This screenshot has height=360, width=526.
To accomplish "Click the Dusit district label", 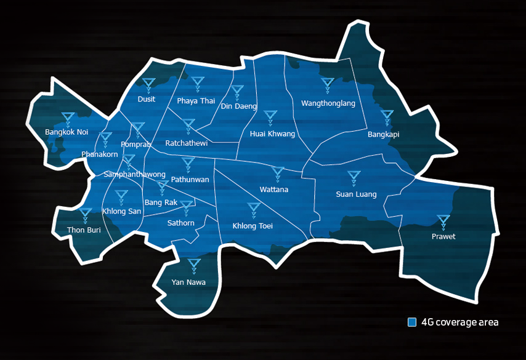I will coord(147,99).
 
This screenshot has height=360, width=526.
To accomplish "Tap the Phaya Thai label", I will coord(196,101).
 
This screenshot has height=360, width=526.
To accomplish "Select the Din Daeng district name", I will coord(239,106).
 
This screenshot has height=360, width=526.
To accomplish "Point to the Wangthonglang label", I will coord(328,103).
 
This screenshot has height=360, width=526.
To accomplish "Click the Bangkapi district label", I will coord(384,134).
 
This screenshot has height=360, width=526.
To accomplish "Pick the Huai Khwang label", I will coord(272,134).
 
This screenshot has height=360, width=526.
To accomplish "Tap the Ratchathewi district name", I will coord(187,143).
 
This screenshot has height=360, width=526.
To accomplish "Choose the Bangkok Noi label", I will coord(67,132).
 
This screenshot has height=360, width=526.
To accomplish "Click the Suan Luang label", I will coord(356,194).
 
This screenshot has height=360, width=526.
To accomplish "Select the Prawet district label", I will coord(443,236).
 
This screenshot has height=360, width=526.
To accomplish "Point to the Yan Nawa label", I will coord(188,282).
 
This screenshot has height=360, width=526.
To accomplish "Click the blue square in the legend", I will coord(412,322).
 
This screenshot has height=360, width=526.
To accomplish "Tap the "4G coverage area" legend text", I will coord(459,322).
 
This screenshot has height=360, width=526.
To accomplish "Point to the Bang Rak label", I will coord(160,202).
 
